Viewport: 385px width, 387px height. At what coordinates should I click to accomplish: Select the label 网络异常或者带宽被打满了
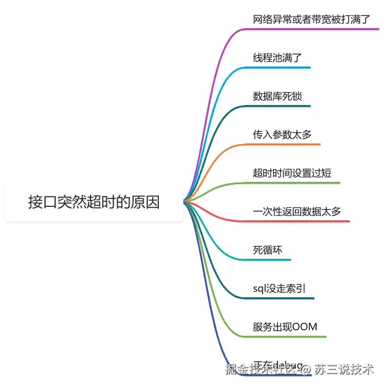pyautogui.click(x=312, y=19)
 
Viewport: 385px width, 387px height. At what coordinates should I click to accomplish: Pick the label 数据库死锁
pyautogui.click(x=277, y=96)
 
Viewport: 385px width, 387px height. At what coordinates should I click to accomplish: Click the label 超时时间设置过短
pyautogui.click(x=292, y=173)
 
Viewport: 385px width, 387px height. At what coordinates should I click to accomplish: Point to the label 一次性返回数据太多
pyautogui.click(x=297, y=212)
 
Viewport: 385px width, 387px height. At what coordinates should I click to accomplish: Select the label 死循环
pyautogui.click(x=268, y=250)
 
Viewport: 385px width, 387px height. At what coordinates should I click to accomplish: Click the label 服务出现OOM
pyautogui.click(x=285, y=327)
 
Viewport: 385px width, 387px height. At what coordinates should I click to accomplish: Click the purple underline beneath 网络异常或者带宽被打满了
pyautogui.click(x=318, y=29)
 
